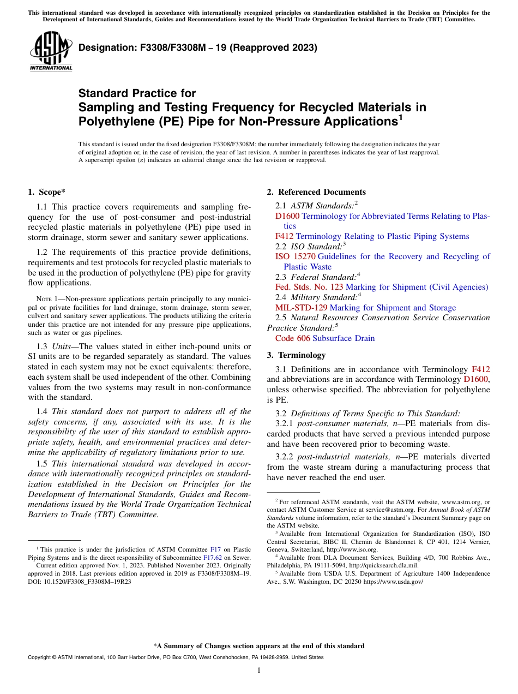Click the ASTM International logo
pyautogui.click(x=51, y=51)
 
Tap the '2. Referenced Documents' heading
pyautogui.click(x=316, y=192)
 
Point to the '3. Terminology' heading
pyautogui.click(x=296, y=355)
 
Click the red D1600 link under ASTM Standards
pyautogui.click(x=287, y=216)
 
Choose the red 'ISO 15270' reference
pyautogui.click(x=296, y=256)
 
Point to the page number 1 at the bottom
pyautogui.click(x=259, y=670)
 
